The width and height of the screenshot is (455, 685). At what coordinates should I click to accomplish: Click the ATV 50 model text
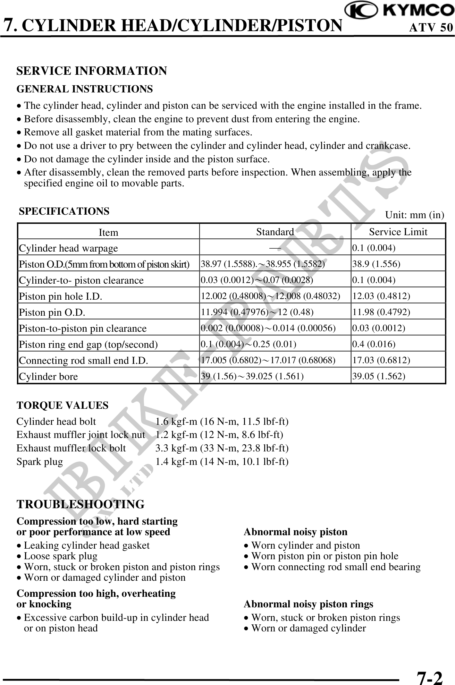click(431, 28)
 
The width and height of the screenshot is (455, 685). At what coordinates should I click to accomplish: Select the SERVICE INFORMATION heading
click(92, 71)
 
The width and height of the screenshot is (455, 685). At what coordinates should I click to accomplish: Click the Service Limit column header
click(398, 232)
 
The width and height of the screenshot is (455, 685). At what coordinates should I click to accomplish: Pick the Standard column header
click(275, 232)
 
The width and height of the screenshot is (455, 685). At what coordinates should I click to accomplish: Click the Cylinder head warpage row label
click(68, 248)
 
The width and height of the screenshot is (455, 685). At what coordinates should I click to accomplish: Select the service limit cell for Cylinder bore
click(379, 376)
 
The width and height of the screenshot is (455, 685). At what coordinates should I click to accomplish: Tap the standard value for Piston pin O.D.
click(257, 312)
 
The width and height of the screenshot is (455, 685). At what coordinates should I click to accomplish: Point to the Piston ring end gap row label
click(88, 344)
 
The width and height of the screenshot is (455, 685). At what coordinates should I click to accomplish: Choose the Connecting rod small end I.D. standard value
click(268, 360)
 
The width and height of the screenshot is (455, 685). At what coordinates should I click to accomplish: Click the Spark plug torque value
click(222, 462)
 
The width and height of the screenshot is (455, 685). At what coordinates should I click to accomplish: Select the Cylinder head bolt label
click(56, 421)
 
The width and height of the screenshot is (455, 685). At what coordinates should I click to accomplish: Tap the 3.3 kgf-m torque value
click(222, 448)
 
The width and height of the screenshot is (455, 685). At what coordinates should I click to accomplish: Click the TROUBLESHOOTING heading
click(80, 504)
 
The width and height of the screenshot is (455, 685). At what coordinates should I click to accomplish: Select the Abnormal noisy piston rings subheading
click(308, 604)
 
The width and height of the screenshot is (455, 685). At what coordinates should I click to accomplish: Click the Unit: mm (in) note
click(414, 215)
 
